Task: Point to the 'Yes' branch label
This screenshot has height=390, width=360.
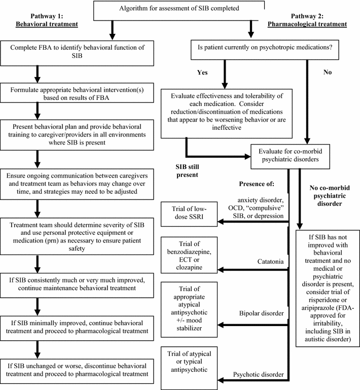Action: (202, 73)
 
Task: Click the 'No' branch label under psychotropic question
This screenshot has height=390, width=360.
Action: (328, 73)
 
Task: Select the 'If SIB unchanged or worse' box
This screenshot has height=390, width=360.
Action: (77, 369)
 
